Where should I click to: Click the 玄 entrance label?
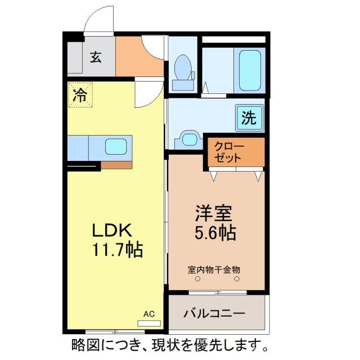96,57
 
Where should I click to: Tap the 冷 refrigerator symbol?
80,94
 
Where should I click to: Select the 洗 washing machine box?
249,118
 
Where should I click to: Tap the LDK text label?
112,231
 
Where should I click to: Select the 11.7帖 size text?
118,248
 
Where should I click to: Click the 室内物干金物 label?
214,269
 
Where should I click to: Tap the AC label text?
148,314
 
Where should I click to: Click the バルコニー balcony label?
214,313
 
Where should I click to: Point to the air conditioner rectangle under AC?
148,323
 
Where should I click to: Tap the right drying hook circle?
237,278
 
